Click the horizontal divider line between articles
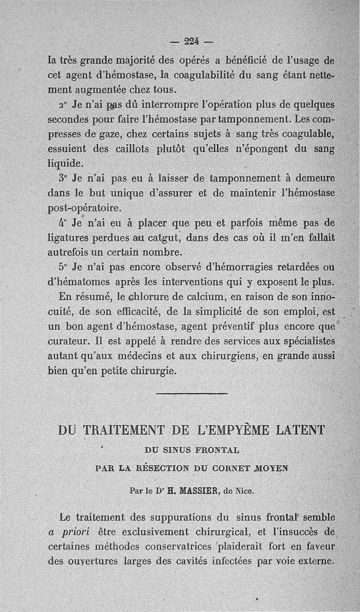tap(192, 394)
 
